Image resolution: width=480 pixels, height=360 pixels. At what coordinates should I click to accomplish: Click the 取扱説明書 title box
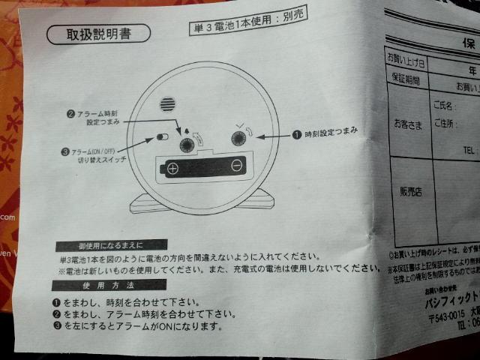click(98, 34)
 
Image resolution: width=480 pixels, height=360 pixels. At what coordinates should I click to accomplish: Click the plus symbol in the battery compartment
click(172, 168)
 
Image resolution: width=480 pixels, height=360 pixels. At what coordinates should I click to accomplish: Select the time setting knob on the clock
click(240, 138)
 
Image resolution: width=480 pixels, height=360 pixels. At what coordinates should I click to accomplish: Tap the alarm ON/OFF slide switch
click(161, 138)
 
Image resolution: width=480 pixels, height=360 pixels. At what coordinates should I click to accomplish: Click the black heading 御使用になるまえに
click(100, 245)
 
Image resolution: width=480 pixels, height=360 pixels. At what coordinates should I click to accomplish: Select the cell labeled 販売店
click(409, 192)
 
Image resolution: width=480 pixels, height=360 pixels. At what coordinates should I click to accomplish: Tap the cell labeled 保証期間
click(406, 78)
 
